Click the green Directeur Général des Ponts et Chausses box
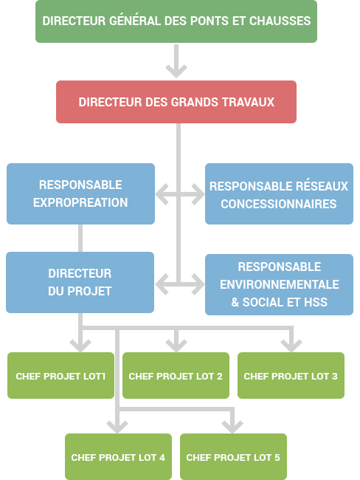click(x=176, y=21)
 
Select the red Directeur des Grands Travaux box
click(x=176, y=102)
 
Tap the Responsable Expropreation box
click(x=80, y=193)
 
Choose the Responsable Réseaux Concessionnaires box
click(x=279, y=193)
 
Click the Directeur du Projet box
click(x=80, y=282)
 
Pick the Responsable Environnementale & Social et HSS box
click(x=279, y=284)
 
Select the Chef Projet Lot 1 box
click(x=61, y=376)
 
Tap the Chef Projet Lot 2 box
click(x=176, y=376)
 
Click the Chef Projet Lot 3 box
click(x=291, y=376)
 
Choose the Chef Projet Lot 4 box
click(x=118, y=456)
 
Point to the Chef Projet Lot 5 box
click(x=233, y=456)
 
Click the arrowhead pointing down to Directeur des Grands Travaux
click(x=176, y=71)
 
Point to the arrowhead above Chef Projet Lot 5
click(x=232, y=427)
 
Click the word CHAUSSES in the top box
click(x=280, y=21)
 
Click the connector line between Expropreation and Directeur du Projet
click(x=80, y=239)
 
